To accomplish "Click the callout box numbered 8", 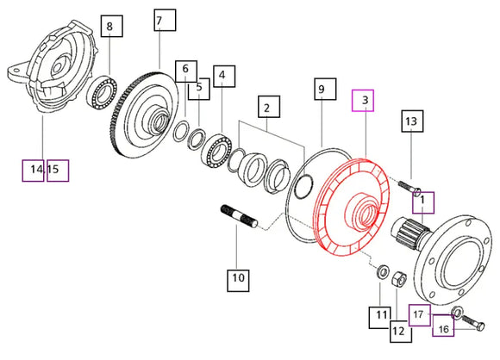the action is click(112, 26).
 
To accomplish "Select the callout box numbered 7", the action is click(165, 20).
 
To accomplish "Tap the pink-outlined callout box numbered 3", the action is click(363, 101).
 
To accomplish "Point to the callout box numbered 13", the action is click(412, 121).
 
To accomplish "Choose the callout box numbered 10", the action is click(238, 281).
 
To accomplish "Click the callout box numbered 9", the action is click(325, 89).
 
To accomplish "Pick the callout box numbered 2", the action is click(269, 107).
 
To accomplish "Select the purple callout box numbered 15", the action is click(58, 171).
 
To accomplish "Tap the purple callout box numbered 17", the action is click(420, 315).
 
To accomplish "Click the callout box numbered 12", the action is click(401, 332).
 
